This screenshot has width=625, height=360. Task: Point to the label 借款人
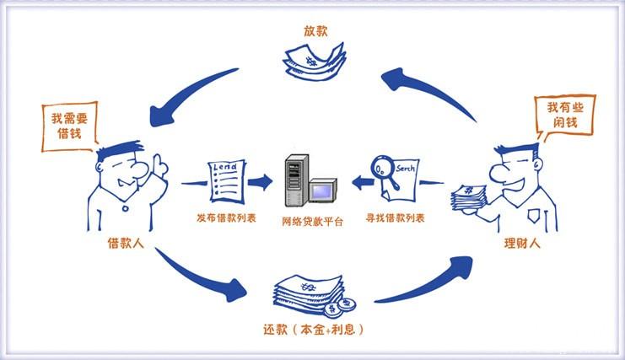click(124, 243)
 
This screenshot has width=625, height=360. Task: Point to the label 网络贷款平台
click(312, 222)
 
